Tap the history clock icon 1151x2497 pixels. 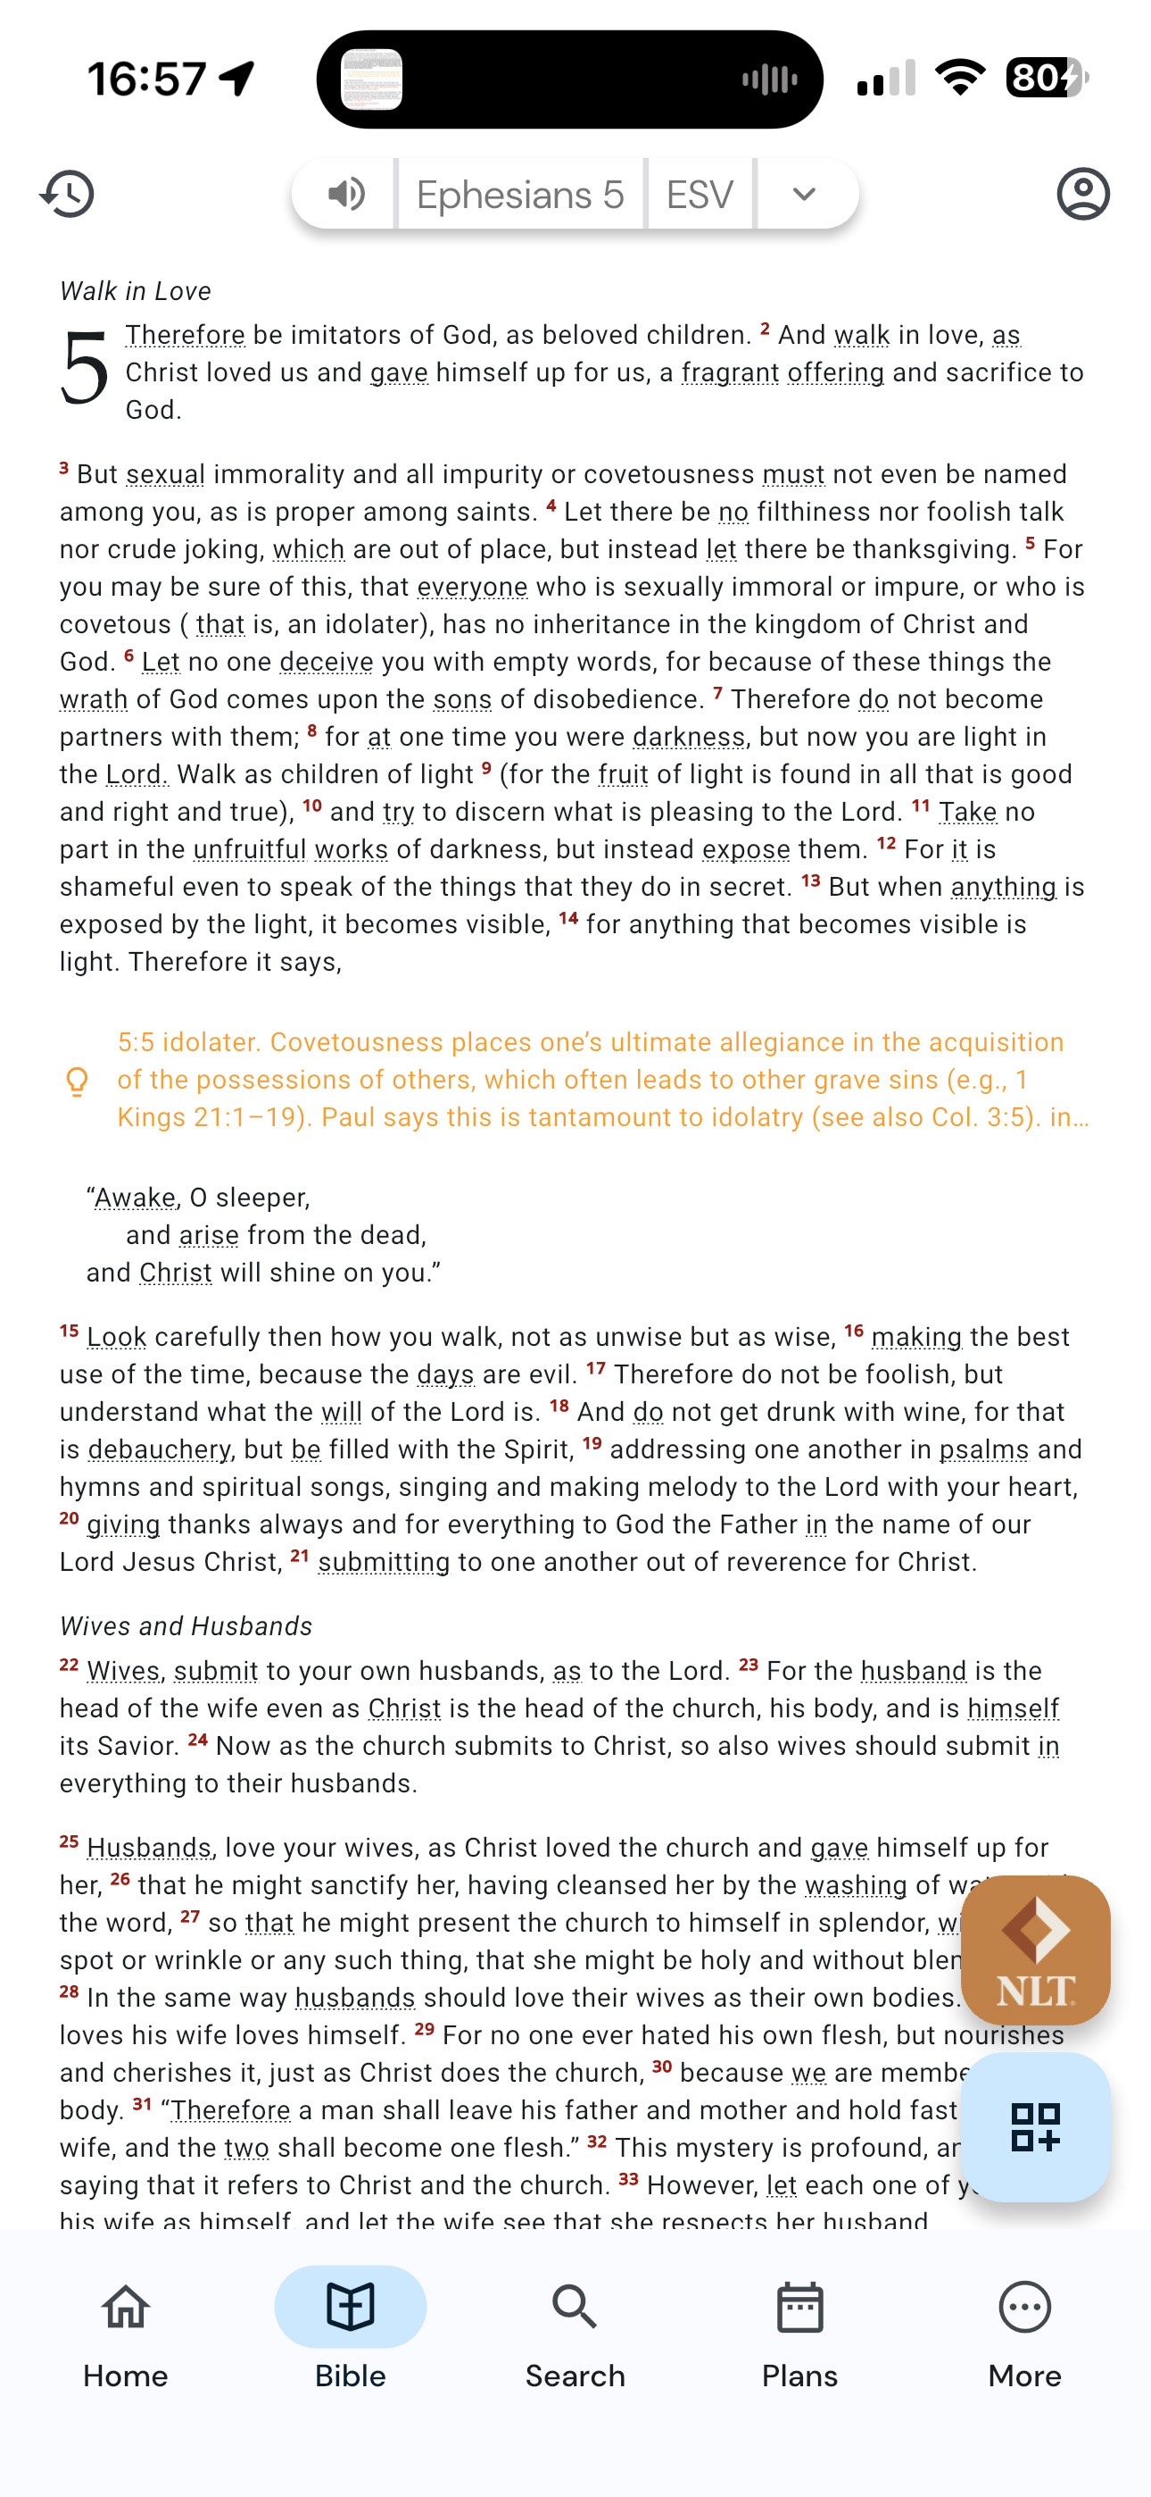[67, 194]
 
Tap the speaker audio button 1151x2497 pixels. [346, 194]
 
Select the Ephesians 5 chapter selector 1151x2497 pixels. [520, 195]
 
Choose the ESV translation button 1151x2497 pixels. [700, 195]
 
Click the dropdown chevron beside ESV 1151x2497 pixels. [803, 194]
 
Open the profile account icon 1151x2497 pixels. [1082, 194]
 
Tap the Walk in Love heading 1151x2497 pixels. [136, 291]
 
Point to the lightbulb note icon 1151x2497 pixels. [77, 1080]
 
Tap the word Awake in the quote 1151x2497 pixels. [136, 1198]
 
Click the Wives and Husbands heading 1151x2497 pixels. [186, 1625]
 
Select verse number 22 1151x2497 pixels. [69, 1666]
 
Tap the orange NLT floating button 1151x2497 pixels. [1035, 1949]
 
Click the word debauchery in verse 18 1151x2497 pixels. [160, 1449]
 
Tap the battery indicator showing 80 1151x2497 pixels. [1046, 78]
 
